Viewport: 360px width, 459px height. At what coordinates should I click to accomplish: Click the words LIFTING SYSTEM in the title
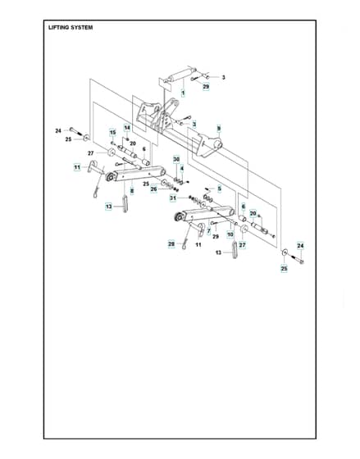[71, 28]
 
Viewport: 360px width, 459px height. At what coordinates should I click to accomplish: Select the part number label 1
[183, 93]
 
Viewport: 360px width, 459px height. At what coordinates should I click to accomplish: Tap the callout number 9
[218, 129]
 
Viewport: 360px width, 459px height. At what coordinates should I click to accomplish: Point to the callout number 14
[127, 128]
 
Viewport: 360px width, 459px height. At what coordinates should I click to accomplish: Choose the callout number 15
[113, 133]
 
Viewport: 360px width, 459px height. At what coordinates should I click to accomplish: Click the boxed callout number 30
[176, 159]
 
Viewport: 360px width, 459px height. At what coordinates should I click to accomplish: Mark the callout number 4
[182, 169]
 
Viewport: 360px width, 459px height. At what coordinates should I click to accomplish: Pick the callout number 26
[154, 189]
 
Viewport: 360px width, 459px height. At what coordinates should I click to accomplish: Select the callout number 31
[173, 198]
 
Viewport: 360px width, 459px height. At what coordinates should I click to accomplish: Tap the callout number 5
[220, 189]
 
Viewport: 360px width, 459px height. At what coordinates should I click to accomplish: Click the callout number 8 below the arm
[132, 191]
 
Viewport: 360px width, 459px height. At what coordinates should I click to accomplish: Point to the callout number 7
[208, 231]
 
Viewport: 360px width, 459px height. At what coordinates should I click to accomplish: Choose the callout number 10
[230, 234]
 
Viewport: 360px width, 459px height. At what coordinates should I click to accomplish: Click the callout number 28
[171, 244]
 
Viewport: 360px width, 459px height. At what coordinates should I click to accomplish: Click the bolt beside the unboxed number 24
[75, 131]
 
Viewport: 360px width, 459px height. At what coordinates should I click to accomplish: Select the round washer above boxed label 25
[284, 252]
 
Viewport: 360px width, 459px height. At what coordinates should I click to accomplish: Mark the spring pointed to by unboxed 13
[235, 249]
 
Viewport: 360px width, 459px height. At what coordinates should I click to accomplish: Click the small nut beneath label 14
[127, 139]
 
